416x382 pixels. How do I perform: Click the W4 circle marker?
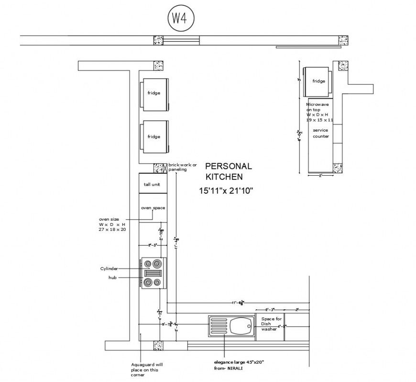tap(178, 19)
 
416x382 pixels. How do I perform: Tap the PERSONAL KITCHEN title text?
tap(228, 171)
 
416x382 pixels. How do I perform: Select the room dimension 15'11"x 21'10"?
tap(226, 191)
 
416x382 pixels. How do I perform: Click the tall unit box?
tap(153, 184)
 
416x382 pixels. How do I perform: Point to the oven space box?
tap(153, 208)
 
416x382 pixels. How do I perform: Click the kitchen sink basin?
tap(241, 327)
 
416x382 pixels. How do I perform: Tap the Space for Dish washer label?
tap(272, 324)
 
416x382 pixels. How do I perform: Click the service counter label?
tap(320, 133)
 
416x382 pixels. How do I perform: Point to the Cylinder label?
tap(109, 269)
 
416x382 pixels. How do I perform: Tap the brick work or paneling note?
tap(182, 167)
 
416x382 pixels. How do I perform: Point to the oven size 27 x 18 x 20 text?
tap(112, 225)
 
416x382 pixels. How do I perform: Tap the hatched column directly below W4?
tap(158, 41)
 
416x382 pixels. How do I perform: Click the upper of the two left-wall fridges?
tap(153, 93)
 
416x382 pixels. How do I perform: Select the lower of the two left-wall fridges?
tap(153, 136)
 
